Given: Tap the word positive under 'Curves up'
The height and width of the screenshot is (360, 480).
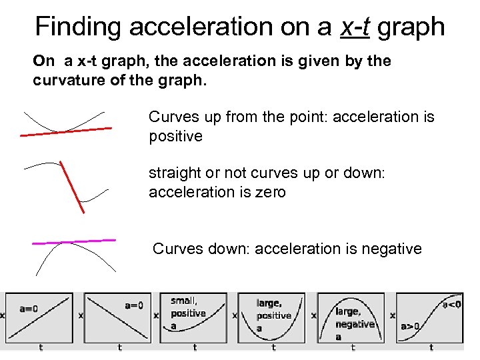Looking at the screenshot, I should (175, 136).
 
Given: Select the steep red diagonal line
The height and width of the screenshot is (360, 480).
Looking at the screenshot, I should (72, 187).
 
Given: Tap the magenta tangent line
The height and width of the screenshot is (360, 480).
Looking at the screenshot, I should (73, 243).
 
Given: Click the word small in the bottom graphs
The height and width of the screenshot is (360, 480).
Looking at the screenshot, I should (183, 301).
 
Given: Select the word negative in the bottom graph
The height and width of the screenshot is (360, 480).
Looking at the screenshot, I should (355, 324).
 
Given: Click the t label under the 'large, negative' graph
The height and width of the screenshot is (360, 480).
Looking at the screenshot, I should (353, 347).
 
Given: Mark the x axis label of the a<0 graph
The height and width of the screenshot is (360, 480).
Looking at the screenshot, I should (393, 315).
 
